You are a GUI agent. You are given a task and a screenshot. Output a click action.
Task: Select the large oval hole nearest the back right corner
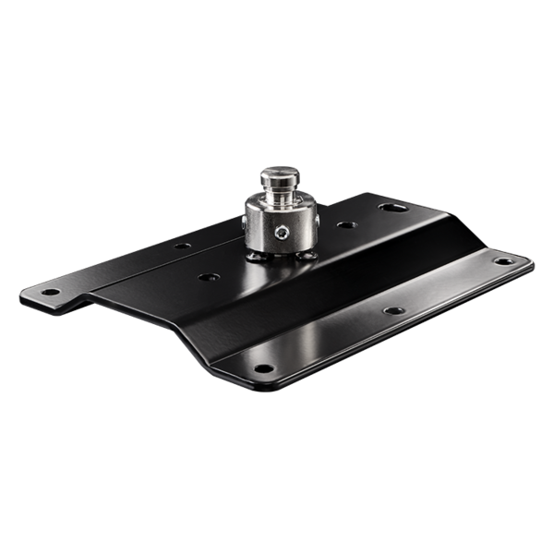395,208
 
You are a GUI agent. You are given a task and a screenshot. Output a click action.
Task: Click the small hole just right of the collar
343,224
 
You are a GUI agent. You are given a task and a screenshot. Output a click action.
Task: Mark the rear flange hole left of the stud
183,246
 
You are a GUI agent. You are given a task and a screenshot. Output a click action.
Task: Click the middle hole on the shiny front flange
394,310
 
